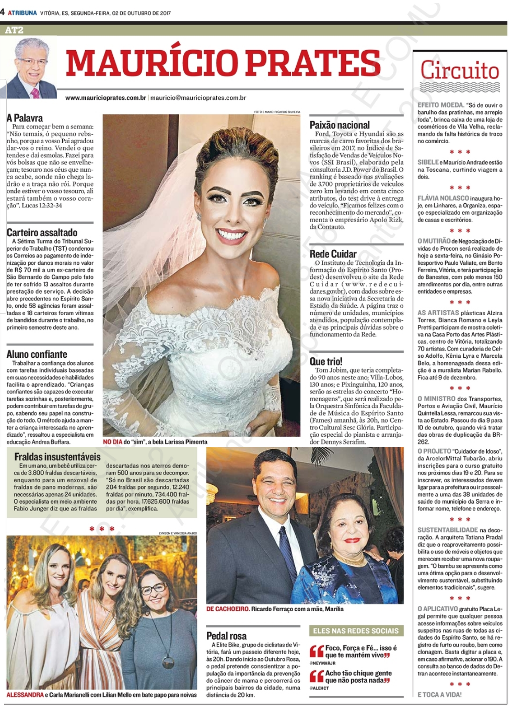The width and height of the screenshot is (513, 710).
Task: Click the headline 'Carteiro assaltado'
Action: [42, 232]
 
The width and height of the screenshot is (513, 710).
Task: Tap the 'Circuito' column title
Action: [460, 71]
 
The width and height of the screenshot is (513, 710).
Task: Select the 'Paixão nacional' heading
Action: [340, 125]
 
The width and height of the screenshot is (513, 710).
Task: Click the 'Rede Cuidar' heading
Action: [333, 254]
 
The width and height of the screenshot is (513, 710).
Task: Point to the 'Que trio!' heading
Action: [326, 361]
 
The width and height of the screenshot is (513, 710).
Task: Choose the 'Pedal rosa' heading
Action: [226, 636]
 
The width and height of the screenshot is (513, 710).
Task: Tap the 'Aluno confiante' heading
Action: [37, 354]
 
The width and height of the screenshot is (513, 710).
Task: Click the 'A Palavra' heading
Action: [25, 118]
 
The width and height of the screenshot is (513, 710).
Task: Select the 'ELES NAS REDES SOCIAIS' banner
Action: [356, 631]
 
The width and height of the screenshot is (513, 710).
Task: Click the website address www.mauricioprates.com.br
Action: [106, 98]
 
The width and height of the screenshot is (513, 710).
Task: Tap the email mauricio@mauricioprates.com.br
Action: [198, 98]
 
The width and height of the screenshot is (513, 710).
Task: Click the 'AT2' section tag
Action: [14, 30]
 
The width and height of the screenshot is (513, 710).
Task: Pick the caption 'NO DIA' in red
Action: [112, 441]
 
